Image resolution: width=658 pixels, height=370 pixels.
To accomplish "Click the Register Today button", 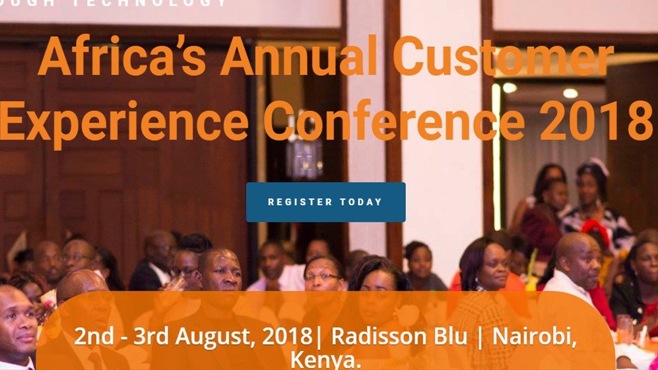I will click(325, 202).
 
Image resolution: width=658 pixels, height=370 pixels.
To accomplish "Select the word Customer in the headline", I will click(503, 58).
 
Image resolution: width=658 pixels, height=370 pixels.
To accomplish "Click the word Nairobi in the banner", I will click(535, 336).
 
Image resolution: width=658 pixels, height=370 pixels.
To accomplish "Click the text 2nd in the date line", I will click(90, 336).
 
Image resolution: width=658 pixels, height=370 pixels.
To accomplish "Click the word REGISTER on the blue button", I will click(300, 202).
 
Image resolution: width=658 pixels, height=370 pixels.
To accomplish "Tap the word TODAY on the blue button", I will click(361, 202).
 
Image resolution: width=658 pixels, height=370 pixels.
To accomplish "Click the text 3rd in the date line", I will click(150, 336).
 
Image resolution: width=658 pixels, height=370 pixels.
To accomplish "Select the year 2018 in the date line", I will click(286, 336).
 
